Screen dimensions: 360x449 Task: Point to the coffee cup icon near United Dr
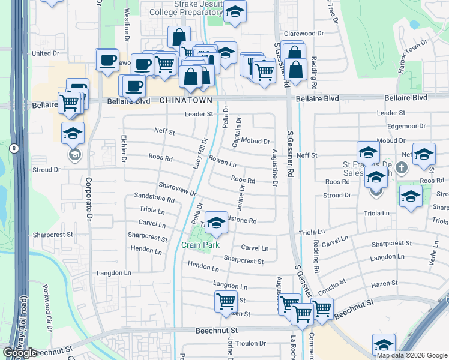coord(107,60)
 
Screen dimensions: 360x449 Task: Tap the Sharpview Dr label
coord(178,189)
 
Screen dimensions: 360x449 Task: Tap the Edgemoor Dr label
coord(406,126)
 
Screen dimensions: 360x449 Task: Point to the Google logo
coord(20,353)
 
